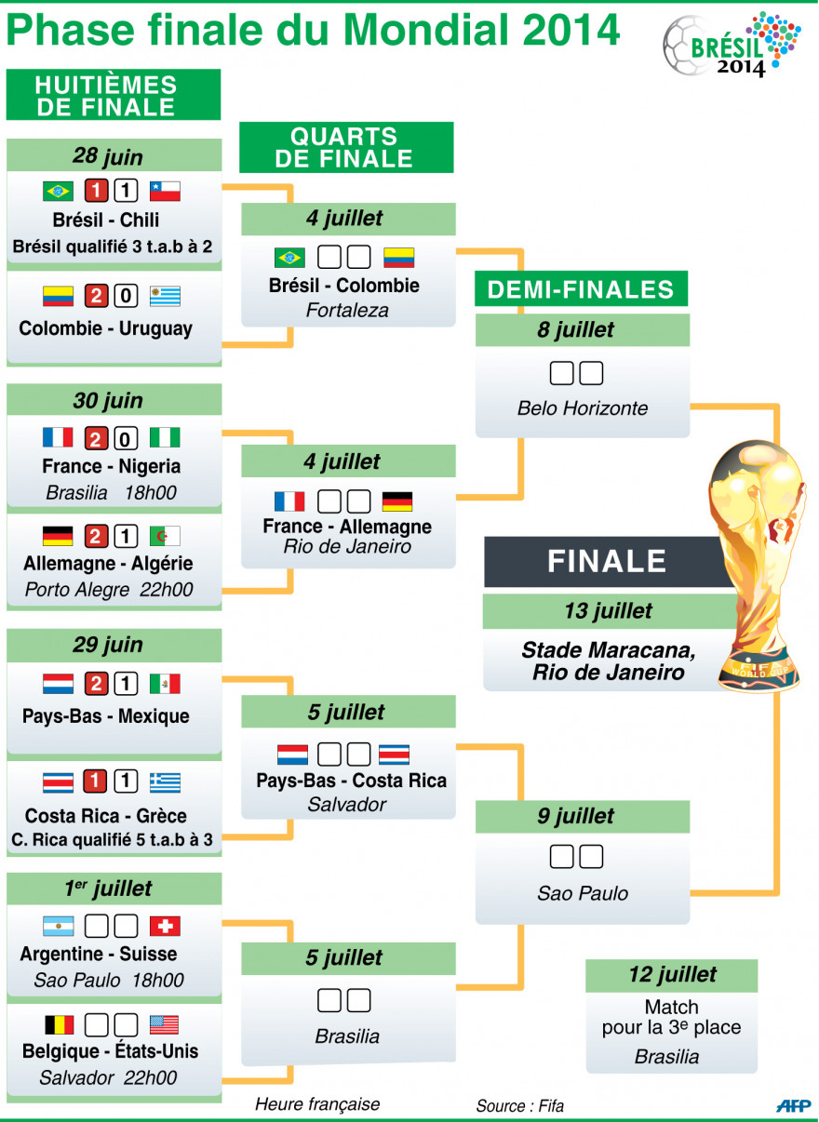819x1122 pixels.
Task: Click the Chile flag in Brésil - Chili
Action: (165, 192)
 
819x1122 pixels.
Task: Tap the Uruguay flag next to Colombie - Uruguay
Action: (165, 297)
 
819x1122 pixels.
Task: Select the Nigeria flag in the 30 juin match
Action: (165, 437)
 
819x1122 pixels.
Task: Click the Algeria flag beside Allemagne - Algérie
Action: (165, 536)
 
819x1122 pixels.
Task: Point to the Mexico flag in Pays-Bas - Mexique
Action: (165, 685)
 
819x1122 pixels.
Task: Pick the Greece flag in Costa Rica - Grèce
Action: (165, 782)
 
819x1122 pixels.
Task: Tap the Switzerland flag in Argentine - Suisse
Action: (165, 926)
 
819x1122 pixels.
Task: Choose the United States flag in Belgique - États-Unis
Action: (165, 1024)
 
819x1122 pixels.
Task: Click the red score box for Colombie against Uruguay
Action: (96, 297)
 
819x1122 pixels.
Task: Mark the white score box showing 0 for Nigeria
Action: (127, 437)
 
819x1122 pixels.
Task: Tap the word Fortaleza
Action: (347, 310)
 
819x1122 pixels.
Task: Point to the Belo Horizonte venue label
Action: (583, 408)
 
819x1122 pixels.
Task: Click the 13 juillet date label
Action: (609, 611)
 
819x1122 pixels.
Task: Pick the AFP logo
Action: (793, 1105)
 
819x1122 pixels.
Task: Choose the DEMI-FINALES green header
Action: (581, 288)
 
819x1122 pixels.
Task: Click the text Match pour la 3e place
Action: (671, 1017)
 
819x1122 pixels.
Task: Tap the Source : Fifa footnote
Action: (520, 1106)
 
